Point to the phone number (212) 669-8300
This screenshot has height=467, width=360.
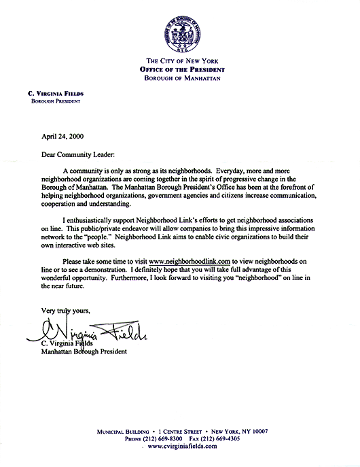pos(158,438)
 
